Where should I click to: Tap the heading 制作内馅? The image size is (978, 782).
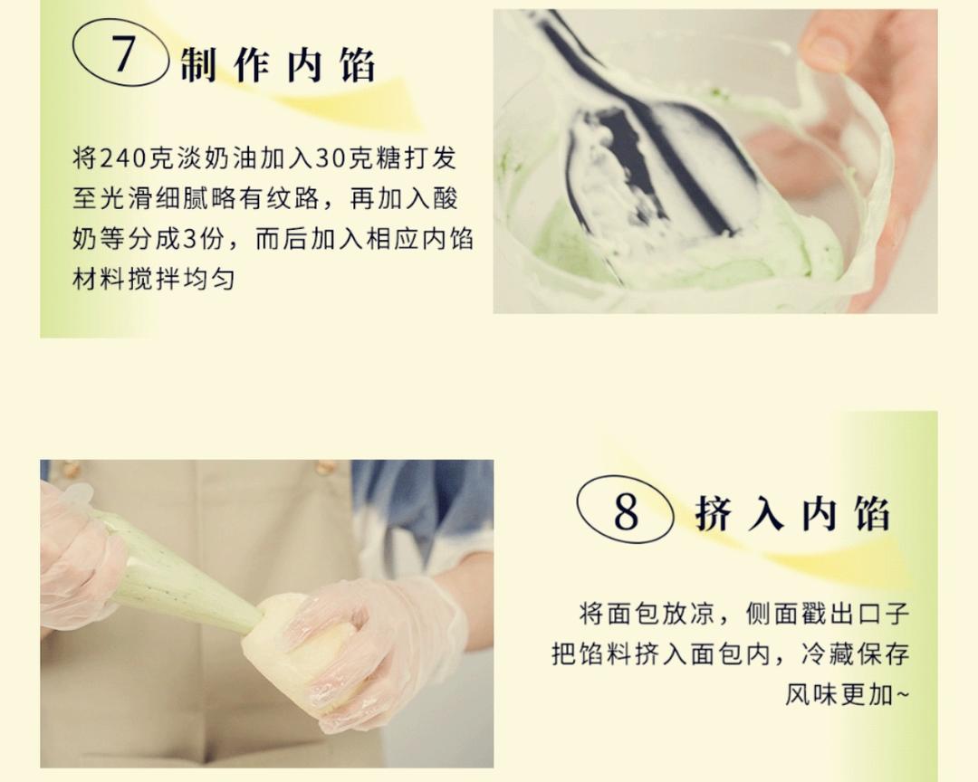pos(277,66)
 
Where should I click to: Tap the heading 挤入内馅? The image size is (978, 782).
pos(792,513)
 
